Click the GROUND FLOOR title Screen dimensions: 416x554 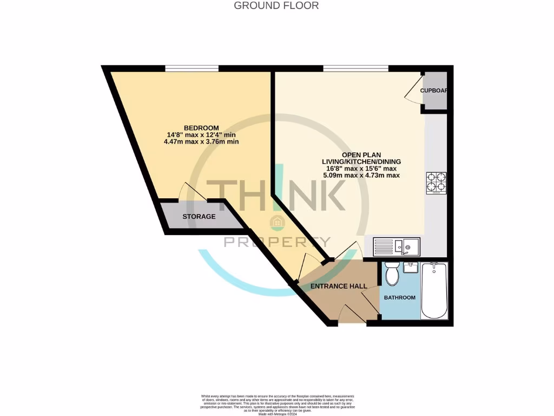click(x=276, y=5)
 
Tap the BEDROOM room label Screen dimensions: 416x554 click(x=201, y=128)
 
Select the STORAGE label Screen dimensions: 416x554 click(x=199, y=217)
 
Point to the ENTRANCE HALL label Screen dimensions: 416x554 click(x=339, y=286)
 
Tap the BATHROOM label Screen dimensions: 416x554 click(x=399, y=297)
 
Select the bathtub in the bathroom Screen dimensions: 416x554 click(x=434, y=291)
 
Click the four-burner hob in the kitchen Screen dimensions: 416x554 click(x=436, y=183)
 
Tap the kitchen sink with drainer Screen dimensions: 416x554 click(x=395, y=247)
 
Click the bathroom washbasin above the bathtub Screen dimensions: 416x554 click(x=412, y=266)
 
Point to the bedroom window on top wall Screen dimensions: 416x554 click(x=192, y=68)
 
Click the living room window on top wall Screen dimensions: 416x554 click(x=355, y=68)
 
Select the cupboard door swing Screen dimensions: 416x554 click(x=414, y=91)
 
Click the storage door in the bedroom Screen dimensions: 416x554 click(x=186, y=192)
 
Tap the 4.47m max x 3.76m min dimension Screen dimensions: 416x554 click(x=201, y=141)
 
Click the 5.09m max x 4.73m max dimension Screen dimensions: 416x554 click(x=361, y=175)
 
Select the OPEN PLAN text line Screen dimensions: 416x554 click(x=361, y=154)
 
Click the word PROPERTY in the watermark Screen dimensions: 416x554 click(x=277, y=242)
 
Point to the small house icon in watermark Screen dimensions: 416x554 click(x=276, y=221)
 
